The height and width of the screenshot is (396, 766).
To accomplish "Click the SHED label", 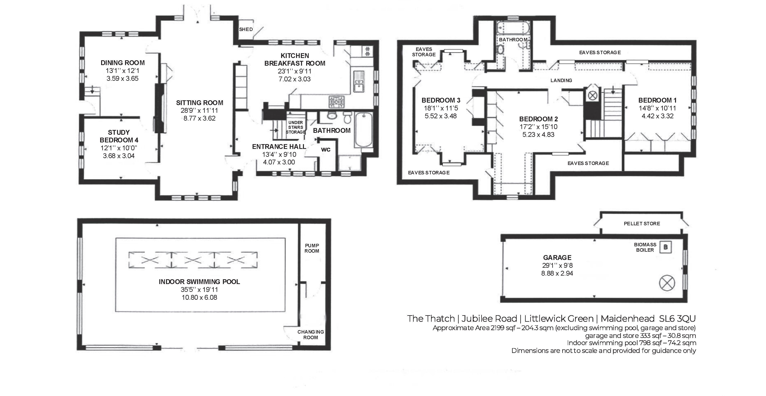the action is click(x=246, y=29).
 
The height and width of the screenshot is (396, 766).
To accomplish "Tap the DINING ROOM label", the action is click(x=123, y=63).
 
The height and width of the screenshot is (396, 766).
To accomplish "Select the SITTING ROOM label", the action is click(x=200, y=103).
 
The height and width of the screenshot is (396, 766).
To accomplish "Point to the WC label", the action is click(x=326, y=150).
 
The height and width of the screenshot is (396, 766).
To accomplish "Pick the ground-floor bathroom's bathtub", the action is click(x=363, y=129).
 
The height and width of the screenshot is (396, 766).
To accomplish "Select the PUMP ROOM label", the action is click(x=312, y=248).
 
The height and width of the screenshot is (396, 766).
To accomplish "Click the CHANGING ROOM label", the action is click(x=311, y=334).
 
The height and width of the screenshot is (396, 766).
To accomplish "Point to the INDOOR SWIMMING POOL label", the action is click(x=199, y=282).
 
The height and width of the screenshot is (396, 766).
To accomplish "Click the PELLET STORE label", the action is click(x=642, y=224).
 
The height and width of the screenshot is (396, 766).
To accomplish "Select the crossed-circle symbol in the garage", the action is click(x=667, y=283).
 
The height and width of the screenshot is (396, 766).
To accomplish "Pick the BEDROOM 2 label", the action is click(x=538, y=119).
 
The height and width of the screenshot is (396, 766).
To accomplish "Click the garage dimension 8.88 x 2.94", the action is click(x=557, y=273).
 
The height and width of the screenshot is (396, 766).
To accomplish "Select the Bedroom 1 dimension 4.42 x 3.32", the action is click(x=657, y=116).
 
